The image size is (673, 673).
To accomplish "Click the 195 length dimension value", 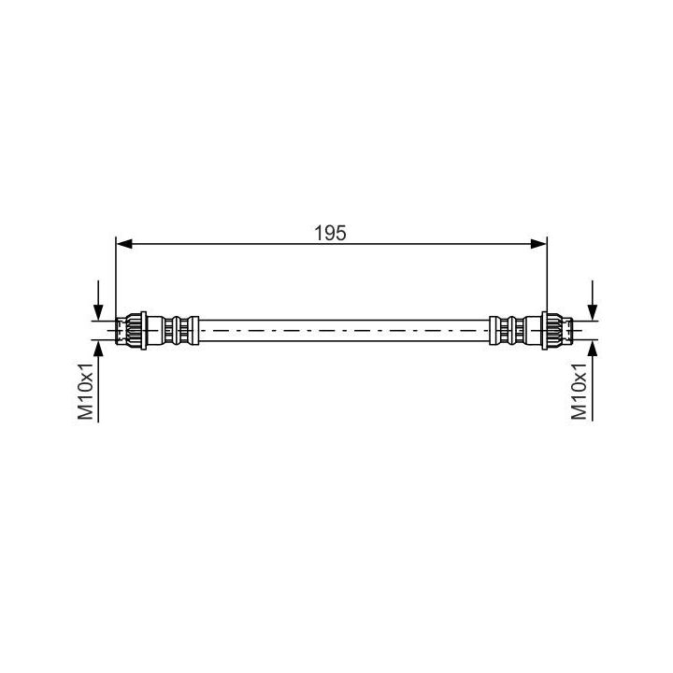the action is point(330,233).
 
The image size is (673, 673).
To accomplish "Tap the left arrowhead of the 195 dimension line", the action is point(124,244).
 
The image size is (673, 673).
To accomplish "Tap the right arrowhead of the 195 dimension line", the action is point(538,244).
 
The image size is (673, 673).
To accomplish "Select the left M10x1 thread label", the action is point(85,391).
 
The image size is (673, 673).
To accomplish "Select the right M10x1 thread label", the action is point(579,391).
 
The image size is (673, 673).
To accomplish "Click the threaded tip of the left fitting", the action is point(121,331).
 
